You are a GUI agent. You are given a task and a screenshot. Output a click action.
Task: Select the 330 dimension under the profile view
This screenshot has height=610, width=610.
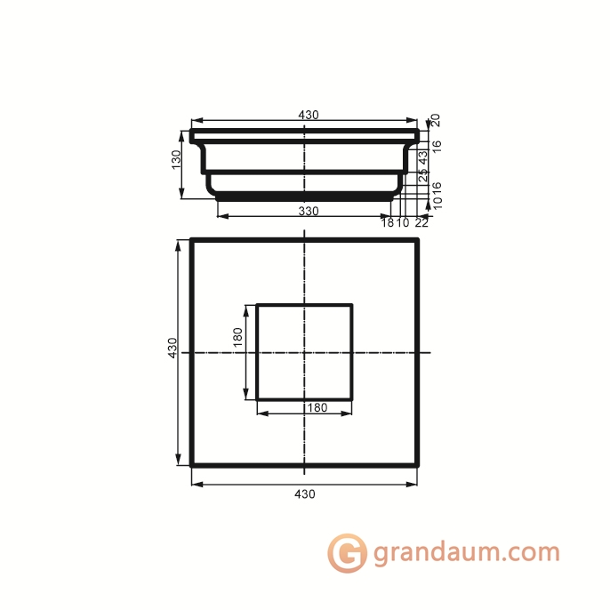pyautogui.click(x=308, y=211)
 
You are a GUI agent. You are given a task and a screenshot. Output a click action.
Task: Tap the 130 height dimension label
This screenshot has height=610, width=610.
pyautogui.click(x=176, y=159)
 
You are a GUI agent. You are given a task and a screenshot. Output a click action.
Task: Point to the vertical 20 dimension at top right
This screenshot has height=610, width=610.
pyautogui.click(x=436, y=119)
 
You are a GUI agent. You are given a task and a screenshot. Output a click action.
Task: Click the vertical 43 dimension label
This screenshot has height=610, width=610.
pyautogui.click(x=423, y=156)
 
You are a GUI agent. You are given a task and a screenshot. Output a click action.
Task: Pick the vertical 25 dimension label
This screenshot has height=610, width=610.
pyautogui.click(x=423, y=176)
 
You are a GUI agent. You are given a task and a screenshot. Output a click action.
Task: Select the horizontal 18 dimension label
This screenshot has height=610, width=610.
pyautogui.click(x=388, y=222)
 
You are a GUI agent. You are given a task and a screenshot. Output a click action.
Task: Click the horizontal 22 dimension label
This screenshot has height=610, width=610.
pyautogui.click(x=421, y=222)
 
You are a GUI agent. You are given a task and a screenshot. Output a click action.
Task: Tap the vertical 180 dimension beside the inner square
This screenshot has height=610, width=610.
pyautogui.click(x=237, y=339)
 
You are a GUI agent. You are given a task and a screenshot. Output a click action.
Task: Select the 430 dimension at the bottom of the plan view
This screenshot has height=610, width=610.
pyautogui.click(x=305, y=494)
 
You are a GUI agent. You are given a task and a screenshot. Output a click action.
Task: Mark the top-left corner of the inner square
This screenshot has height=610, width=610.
pyautogui.click(x=258, y=305)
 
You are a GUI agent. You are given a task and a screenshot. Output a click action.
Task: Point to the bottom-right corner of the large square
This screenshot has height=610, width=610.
pyautogui.click(x=418, y=464)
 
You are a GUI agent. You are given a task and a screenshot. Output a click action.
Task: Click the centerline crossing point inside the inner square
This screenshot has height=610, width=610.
pyautogui.click(x=305, y=352)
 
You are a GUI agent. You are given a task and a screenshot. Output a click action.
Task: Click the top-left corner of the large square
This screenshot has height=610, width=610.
pyautogui.click(x=192, y=240)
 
